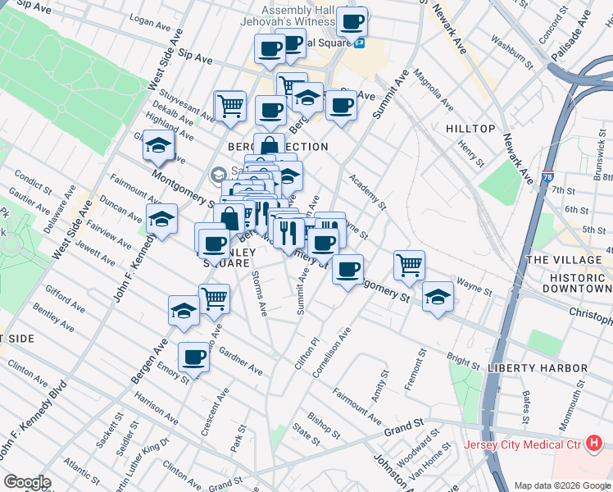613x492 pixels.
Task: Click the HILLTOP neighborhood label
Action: point(470,129)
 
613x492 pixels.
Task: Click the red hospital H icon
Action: point(595,444)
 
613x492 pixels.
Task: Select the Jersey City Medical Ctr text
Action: point(522,445)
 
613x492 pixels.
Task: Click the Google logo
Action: point(27,481)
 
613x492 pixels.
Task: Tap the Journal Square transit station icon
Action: point(360,43)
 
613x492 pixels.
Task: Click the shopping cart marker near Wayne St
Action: point(409,265)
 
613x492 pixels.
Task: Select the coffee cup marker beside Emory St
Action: point(194,357)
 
